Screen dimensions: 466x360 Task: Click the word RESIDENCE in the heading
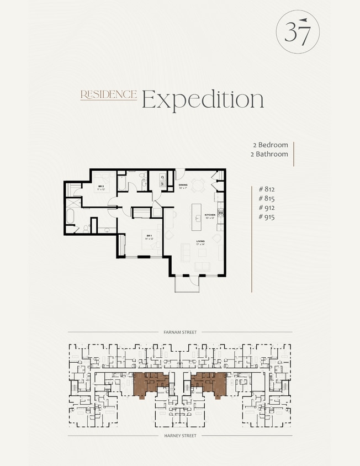point(108,95)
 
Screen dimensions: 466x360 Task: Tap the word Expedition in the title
point(203,99)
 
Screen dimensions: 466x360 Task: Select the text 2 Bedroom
point(270,145)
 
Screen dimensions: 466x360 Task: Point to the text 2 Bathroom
point(269,154)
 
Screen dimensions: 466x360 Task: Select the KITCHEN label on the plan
point(210,214)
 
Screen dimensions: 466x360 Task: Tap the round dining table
point(198,184)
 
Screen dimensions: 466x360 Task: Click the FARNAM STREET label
point(180,332)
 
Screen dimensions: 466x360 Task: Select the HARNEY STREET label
point(180,436)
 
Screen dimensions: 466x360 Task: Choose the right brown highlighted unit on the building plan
point(209,382)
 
